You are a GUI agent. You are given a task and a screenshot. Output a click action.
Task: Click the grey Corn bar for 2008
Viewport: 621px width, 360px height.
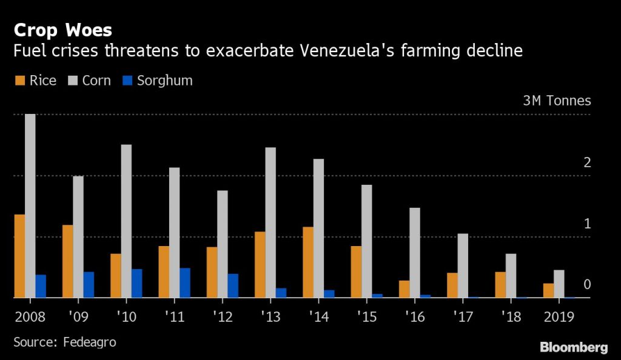click(30, 206)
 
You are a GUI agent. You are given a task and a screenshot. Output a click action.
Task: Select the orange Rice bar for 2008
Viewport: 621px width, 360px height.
click(19, 256)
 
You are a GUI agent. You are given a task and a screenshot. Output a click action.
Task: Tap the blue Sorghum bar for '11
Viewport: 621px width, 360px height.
click(185, 283)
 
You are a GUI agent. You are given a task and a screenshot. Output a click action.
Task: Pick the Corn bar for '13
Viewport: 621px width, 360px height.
click(270, 222)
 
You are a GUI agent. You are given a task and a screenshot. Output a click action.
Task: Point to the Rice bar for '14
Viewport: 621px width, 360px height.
click(308, 262)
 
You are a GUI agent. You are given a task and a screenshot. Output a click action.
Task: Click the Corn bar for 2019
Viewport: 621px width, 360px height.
click(559, 284)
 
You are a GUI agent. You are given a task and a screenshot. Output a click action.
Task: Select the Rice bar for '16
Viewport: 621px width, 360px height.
click(404, 289)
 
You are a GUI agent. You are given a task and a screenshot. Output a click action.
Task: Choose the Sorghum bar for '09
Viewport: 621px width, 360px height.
click(89, 285)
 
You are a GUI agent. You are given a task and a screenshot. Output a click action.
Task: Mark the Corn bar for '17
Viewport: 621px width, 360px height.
click(463, 265)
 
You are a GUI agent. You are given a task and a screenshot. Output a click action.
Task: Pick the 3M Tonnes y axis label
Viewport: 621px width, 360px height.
click(557, 101)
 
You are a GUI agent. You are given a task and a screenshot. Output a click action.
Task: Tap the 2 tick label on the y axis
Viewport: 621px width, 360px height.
click(586, 162)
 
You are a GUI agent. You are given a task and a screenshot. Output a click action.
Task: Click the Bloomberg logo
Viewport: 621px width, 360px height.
click(573, 347)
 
